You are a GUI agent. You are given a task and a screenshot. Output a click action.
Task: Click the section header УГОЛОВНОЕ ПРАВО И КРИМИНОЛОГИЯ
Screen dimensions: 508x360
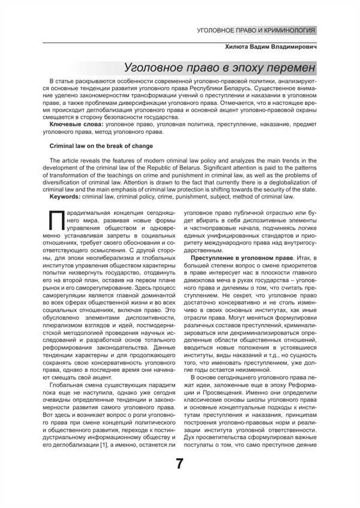pyautogui.click(x=256, y=31)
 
